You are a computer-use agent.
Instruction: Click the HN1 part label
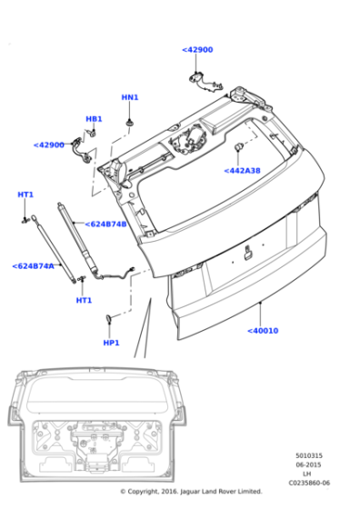130,97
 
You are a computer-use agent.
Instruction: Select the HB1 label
94,119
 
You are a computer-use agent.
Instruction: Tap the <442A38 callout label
242,171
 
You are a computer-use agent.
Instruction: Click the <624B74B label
105,224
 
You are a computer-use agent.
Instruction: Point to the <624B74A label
33,266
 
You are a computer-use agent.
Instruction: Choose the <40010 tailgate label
263,331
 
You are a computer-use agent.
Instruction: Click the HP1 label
111,343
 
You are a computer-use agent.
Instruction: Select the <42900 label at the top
197,50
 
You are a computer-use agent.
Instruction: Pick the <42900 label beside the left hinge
49,145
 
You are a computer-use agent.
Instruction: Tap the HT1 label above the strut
25,195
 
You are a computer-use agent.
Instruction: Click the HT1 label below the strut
84,301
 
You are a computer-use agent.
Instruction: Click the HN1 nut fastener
130,123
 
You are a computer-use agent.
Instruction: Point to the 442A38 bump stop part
239,146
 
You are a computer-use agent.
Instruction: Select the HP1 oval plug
108,319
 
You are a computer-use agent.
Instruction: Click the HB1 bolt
92,133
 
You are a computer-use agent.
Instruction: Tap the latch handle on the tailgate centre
249,254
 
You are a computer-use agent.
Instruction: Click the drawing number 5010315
309,455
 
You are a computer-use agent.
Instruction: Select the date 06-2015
308,464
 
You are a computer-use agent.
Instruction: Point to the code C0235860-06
309,483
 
